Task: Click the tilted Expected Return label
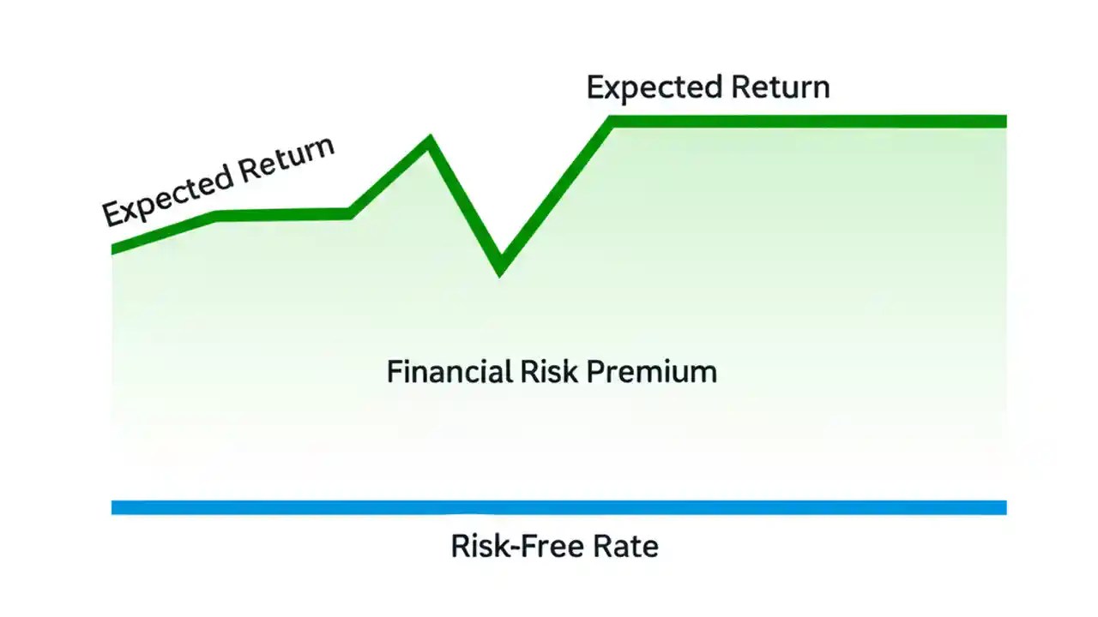pyautogui.click(x=218, y=181)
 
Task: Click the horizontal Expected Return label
pyautogui.click(x=708, y=87)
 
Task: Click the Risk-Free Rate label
pyautogui.click(x=555, y=546)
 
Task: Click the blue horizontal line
pyautogui.click(x=558, y=507)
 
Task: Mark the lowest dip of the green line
pyautogui.click(x=500, y=267)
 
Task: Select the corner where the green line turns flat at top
pyautogui.click(x=612, y=122)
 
